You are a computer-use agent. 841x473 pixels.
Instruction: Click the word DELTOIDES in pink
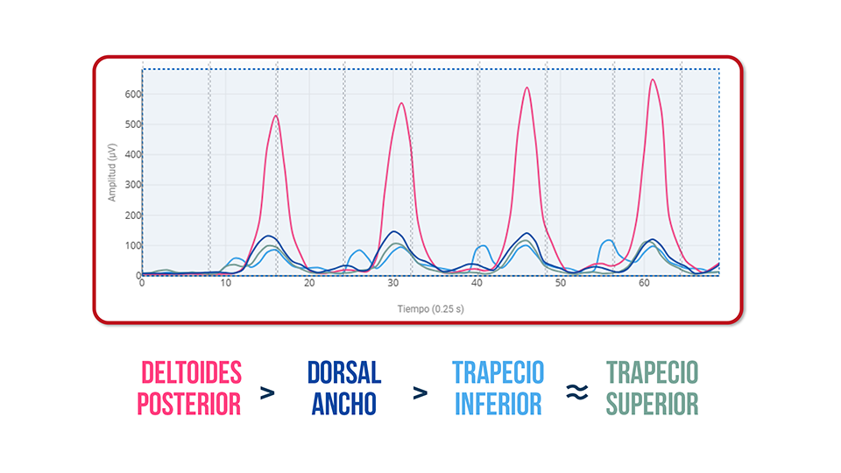click(x=191, y=373)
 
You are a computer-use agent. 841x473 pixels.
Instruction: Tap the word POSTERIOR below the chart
click(x=191, y=404)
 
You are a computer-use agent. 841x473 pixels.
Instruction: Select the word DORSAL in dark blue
click(x=344, y=373)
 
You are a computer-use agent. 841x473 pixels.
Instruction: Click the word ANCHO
click(x=344, y=404)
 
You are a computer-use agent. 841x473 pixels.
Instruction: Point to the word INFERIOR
click(x=498, y=404)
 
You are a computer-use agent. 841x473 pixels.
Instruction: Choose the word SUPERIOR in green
click(x=653, y=404)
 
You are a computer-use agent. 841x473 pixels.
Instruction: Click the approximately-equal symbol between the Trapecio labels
click(x=576, y=393)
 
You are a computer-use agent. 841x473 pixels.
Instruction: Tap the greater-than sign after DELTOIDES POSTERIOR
click(x=268, y=393)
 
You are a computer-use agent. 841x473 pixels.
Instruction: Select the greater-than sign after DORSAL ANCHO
click(x=421, y=393)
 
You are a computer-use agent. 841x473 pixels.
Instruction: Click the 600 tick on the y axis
click(x=130, y=94)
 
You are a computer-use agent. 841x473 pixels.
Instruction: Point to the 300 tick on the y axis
click(x=130, y=185)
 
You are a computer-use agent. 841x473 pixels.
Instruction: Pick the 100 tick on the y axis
click(x=130, y=245)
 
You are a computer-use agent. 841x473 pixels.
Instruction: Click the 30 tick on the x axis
click(x=393, y=284)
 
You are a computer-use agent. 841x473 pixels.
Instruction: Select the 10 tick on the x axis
click(x=226, y=284)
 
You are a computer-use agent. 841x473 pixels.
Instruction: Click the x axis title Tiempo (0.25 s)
click(x=431, y=307)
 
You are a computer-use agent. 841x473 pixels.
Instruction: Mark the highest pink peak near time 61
click(x=653, y=80)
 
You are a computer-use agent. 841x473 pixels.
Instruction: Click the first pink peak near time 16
click(x=276, y=116)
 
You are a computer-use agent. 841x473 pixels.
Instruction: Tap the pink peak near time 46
click(x=527, y=88)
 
